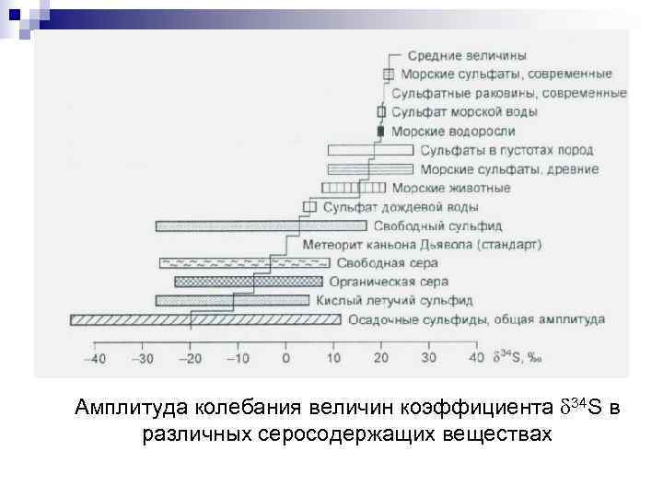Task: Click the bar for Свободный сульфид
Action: [x=262, y=225]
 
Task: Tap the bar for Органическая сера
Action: [x=248, y=282]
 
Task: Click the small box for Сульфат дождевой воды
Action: [x=309, y=207]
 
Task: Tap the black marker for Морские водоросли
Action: [x=380, y=132]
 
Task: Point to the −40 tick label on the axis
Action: [x=94, y=358]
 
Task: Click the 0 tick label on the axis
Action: [x=285, y=358]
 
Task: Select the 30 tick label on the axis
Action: [x=429, y=358]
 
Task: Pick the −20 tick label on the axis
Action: [x=190, y=358]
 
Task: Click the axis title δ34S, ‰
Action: [x=518, y=357]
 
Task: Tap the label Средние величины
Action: [x=467, y=55]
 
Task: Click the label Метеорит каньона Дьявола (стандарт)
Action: [x=422, y=245]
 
